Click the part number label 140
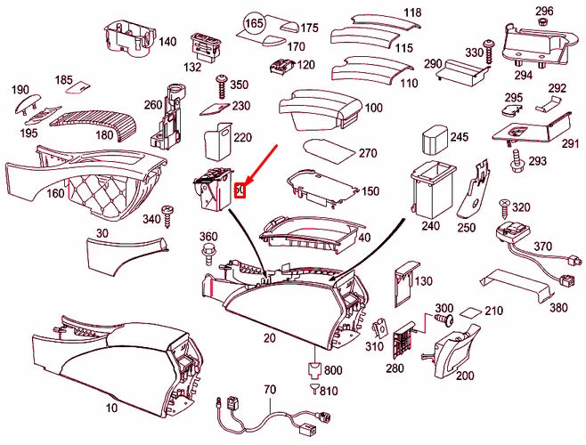pyautogui.click(x=167, y=42)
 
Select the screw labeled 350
pyautogui.click(x=219, y=87)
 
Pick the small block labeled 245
pyautogui.click(x=434, y=141)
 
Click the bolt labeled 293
pyautogui.click(x=516, y=162)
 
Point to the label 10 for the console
pyautogui.click(x=110, y=408)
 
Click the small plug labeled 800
pyautogui.click(x=313, y=369)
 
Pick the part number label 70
pyautogui.click(x=271, y=390)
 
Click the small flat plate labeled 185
pyautogui.click(x=81, y=89)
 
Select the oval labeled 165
pyautogui.click(x=255, y=21)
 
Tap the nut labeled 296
pyautogui.click(x=543, y=24)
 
